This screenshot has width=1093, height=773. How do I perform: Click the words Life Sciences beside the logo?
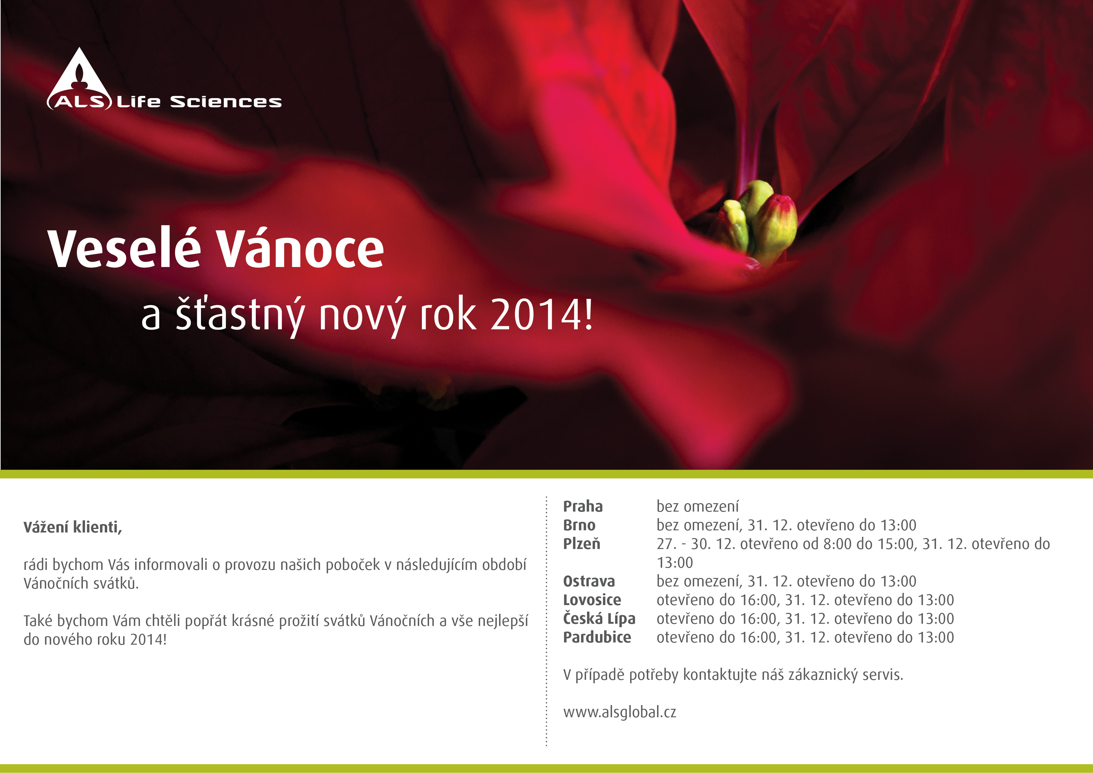pos(199,101)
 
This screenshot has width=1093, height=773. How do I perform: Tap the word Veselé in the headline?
pos(125,248)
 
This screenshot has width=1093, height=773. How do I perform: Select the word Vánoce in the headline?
pos(301,248)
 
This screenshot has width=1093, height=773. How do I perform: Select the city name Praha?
pos(583,506)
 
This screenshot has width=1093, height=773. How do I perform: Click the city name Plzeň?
pos(581,544)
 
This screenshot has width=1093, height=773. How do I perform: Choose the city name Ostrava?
pos(589,581)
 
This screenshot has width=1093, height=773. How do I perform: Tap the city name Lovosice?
pos(592,600)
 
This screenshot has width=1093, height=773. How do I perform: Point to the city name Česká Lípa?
pos(599,618)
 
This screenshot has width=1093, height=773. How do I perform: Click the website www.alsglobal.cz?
pos(619,712)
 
